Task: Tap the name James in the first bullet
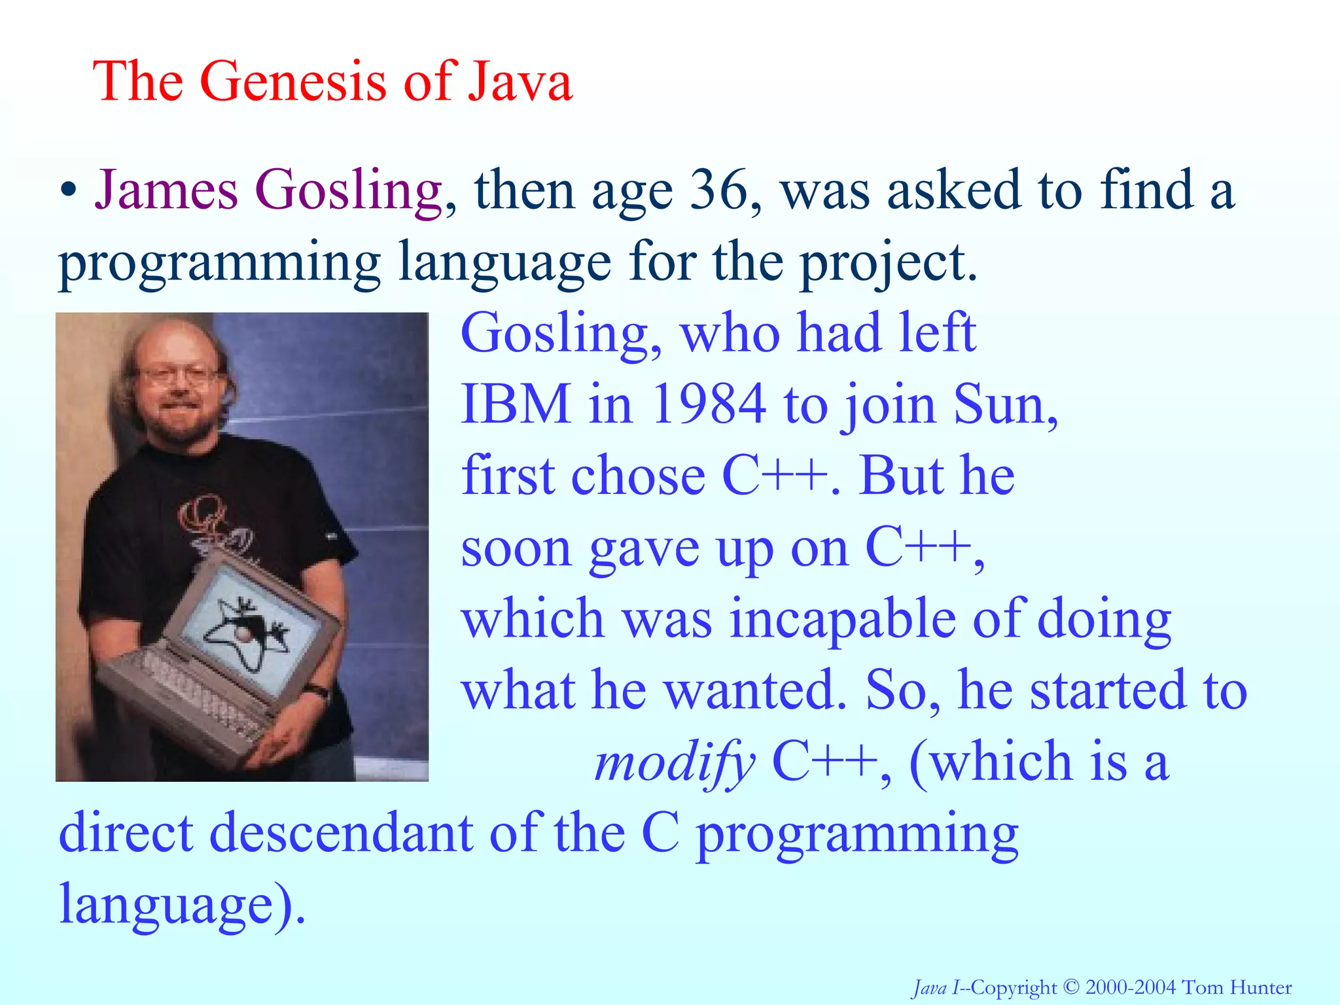[166, 190]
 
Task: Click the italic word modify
[674, 762]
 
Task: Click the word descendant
[341, 833]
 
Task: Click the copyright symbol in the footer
[1070, 987]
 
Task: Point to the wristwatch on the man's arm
[319, 691]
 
